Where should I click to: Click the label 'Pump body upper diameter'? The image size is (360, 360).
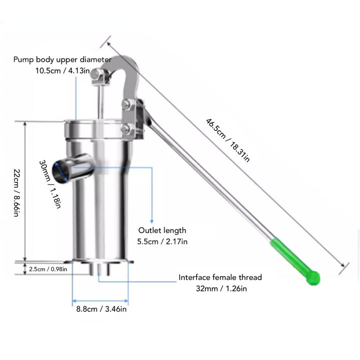[x=62, y=59]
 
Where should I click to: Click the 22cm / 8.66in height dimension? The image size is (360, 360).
[x=16, y=192]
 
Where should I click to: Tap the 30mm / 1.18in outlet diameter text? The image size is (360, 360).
[x=51, y=183]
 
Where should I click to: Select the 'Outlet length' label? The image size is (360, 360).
[x=162, y=230]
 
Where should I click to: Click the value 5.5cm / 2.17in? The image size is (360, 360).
[x=162, y=241]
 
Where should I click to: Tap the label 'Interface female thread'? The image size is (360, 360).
[x=220, y=277]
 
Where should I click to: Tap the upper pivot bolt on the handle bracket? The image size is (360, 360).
[x=126, y=105]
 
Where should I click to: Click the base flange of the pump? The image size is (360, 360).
[x=100, y=263]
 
